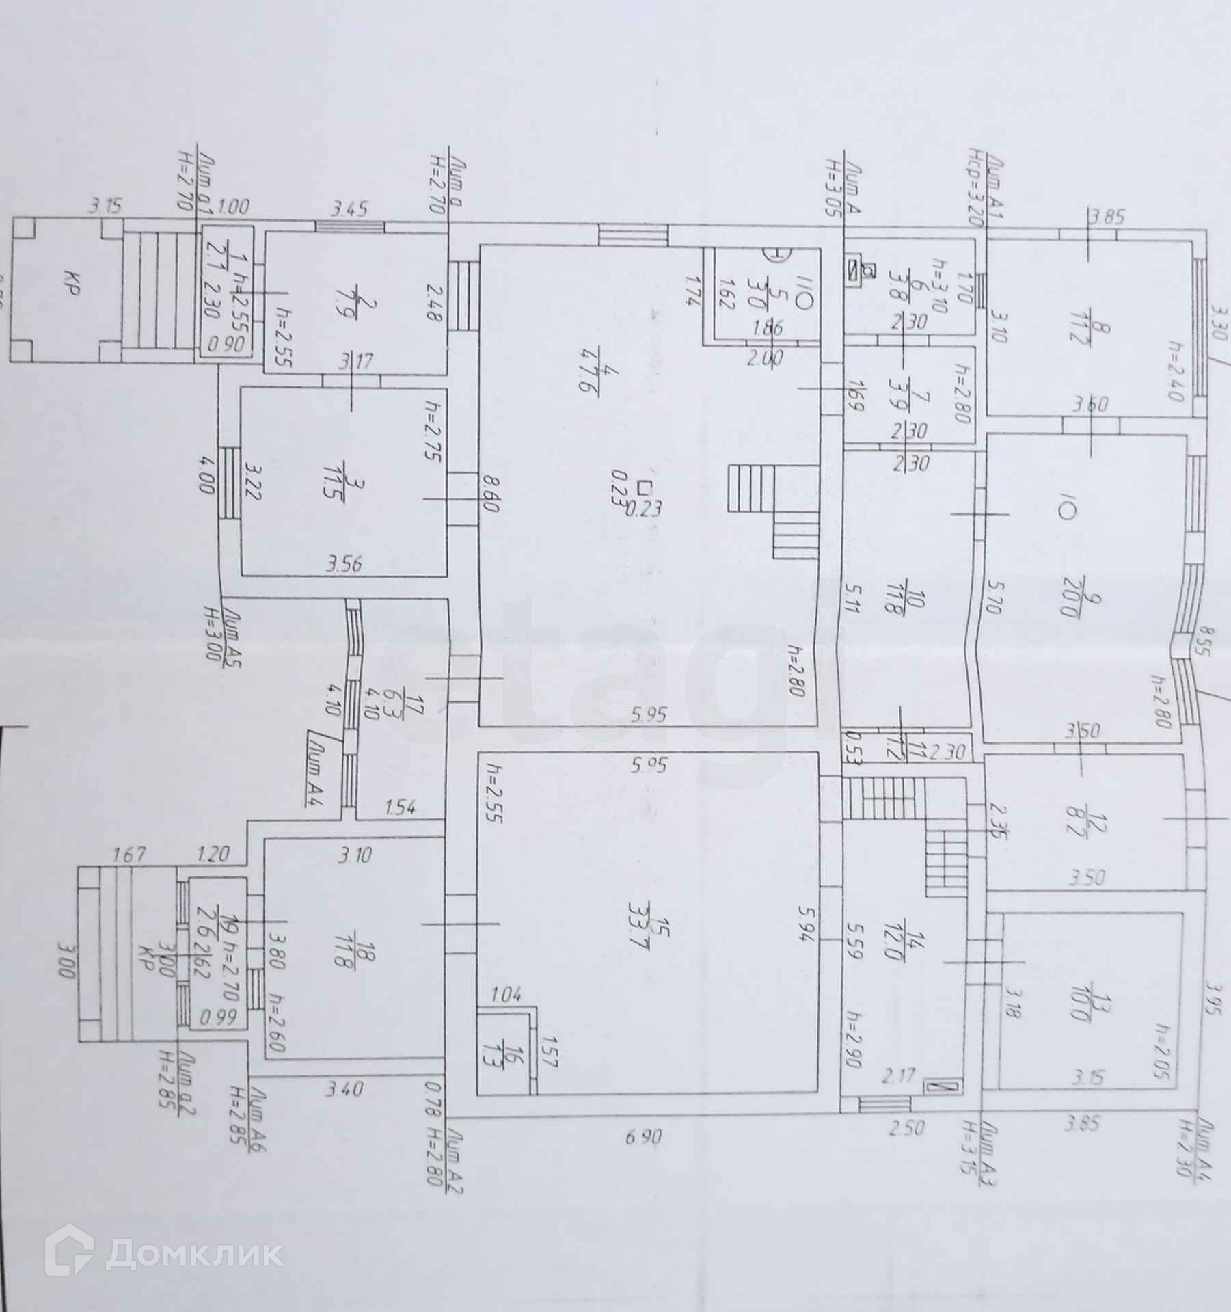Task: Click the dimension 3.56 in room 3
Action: pos(344,565)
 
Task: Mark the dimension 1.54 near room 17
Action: pos(401,808)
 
